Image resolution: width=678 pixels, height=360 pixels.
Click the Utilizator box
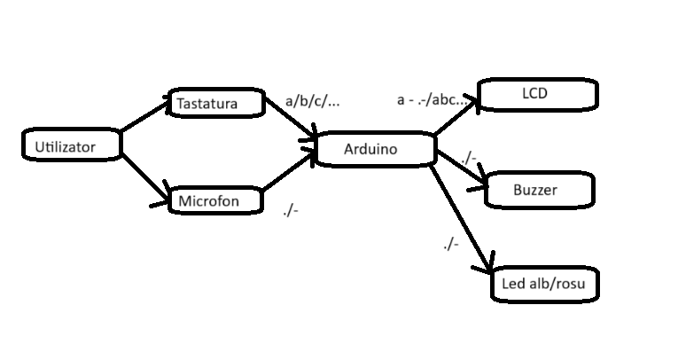coord(71,145)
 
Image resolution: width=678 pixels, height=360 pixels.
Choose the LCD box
coord(538,94)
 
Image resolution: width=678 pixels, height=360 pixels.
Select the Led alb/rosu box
coord(544,284)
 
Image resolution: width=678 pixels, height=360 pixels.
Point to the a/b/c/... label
coord(312,101)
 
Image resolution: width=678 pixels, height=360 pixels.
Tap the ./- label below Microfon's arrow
coord(290,210)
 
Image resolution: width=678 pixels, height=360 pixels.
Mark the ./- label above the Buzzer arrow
coord(469,158)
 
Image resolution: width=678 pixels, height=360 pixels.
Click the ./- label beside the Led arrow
coord(450,243)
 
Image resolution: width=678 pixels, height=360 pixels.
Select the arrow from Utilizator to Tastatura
coord(146,115)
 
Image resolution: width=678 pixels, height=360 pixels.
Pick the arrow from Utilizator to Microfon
coord(144,179)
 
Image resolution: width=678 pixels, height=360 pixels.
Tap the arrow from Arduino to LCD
coord(455,118)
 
